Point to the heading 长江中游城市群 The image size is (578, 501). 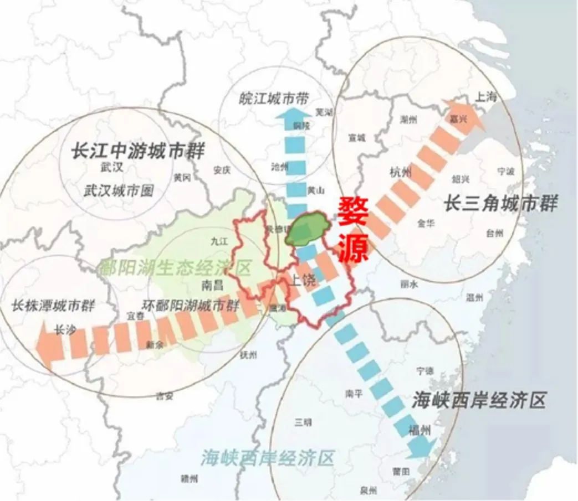point(138,151)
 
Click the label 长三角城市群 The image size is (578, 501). point(500,204)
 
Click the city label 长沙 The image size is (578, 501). point(64,329)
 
